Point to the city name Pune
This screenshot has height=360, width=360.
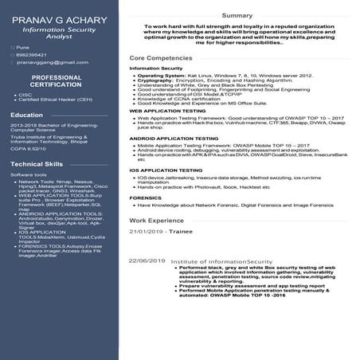click(x=23, y=48)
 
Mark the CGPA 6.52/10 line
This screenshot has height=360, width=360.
click(x=29, y=148)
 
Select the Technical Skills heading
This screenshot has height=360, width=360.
click(x=37, y=163)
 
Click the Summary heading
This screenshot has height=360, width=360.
click(x=237, y=15)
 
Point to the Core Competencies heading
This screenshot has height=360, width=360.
click(x=161, y=59)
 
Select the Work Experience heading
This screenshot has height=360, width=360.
click(x=156, y=219)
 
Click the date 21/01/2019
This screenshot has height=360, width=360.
click(x=147, y=231)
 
